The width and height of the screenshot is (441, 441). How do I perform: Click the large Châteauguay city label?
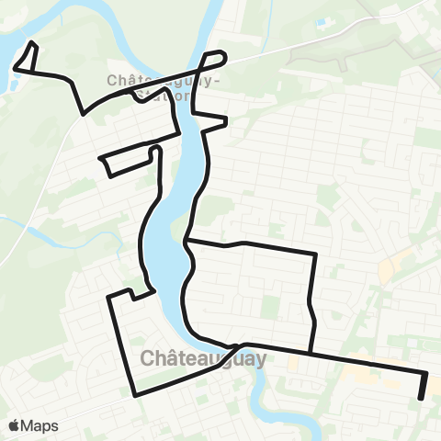[x=204, y=357]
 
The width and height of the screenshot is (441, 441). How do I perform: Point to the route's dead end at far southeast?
[x=422, y=397]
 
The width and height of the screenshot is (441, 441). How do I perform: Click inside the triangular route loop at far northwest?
[x=28, y=60]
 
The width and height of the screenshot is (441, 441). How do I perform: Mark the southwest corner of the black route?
[x=137, y=393]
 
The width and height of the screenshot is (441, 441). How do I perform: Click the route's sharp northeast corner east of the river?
[x=315, y=254]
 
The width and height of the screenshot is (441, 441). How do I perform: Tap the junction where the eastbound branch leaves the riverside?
[x=187, y=243]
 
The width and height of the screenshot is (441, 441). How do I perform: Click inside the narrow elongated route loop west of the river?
[x=129, y=158]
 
